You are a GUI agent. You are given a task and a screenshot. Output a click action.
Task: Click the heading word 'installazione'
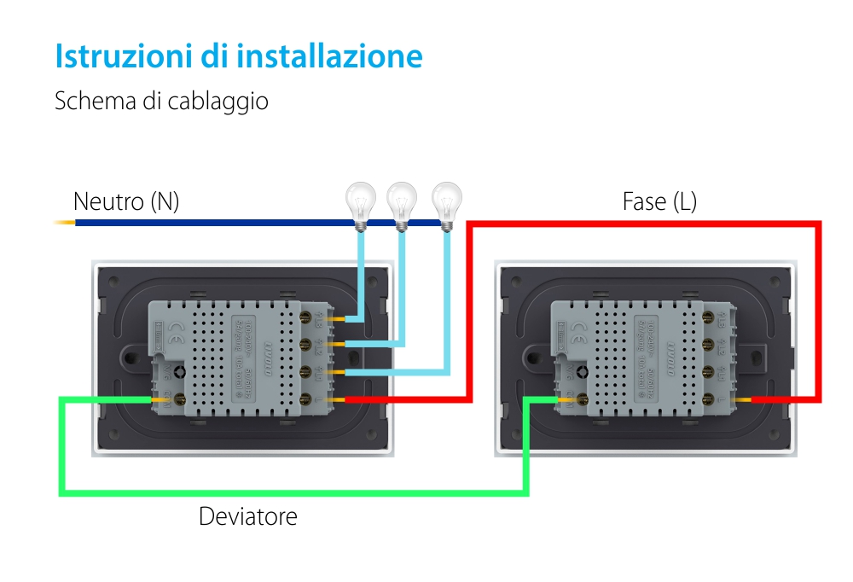coord(329,56)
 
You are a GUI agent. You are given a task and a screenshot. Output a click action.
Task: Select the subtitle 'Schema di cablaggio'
coord(161,101)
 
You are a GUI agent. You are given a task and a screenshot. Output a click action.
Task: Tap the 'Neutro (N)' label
coord(126,202)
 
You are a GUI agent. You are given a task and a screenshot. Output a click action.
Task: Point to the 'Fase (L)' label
coord(659,202)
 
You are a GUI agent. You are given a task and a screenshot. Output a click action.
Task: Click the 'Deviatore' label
coord(248,516)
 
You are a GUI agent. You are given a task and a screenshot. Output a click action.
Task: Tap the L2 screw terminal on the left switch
coord(306,345)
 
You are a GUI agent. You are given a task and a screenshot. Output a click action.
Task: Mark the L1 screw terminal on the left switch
coord(306,372)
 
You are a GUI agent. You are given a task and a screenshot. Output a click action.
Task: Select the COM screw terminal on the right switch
coord(582,399)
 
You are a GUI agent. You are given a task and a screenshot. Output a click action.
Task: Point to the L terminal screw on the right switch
coord(709,399)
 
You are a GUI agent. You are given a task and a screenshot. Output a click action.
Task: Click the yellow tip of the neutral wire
coord(65,223)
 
